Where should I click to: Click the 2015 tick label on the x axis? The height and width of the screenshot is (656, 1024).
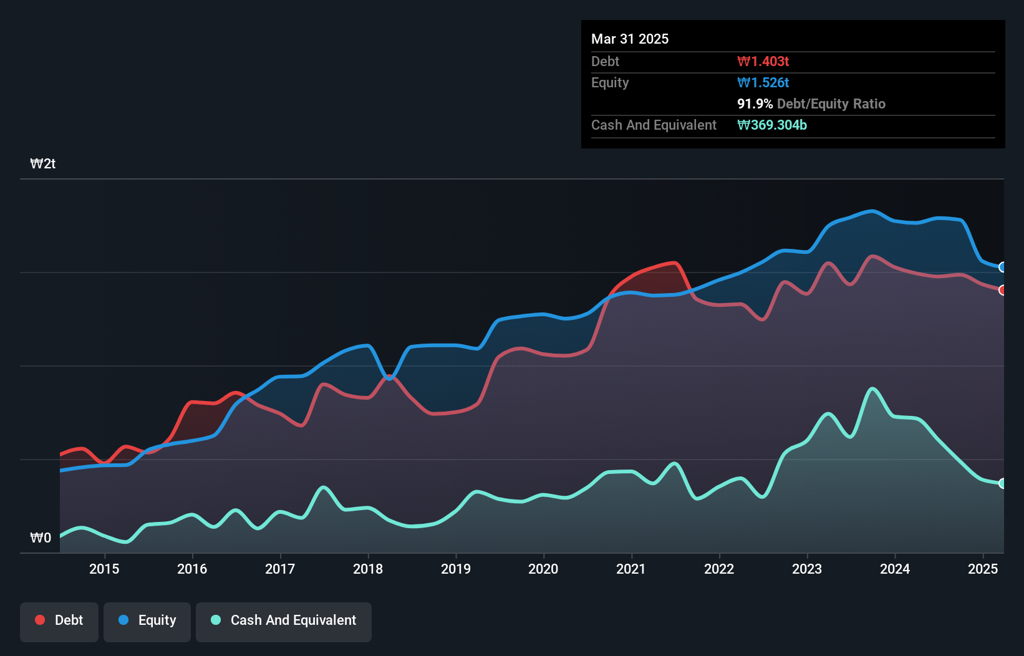tap(104, 569)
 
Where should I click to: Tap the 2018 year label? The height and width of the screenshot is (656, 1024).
tap(368, 569)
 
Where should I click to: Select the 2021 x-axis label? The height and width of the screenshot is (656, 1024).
tap(631, 569)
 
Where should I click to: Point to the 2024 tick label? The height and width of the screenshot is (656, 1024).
tap(895, 569)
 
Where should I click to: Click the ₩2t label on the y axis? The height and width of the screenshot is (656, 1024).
tap(43, 164)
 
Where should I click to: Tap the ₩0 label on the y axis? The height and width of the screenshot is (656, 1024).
tap(41, 538)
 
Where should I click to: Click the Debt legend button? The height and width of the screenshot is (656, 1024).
tap(59, 620)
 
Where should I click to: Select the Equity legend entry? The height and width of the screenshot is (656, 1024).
tap(147, 620)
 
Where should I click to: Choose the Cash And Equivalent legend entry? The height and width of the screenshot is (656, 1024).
tap(284, 620)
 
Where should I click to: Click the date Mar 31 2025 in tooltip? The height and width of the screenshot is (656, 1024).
tap(630, 39)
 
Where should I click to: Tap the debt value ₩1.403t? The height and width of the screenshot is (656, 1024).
tap(763, 61)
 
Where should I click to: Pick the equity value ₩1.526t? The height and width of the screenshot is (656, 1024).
tap(763, 82)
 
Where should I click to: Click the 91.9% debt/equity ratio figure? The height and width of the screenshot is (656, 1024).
tap(755, 104)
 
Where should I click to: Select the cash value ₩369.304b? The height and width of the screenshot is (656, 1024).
tap(771, 125)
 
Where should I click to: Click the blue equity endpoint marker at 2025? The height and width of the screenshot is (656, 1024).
tap(1002, 267)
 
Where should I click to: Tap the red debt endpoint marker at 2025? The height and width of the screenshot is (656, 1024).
tap(1002, 290)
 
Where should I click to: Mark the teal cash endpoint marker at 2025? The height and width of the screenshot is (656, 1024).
tap(1002, 483)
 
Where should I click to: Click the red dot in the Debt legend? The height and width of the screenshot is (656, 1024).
tap(40, 620)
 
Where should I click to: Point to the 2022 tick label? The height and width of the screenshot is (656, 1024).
tap(719, 569)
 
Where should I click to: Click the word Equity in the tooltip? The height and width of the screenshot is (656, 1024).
tap(610, 82)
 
